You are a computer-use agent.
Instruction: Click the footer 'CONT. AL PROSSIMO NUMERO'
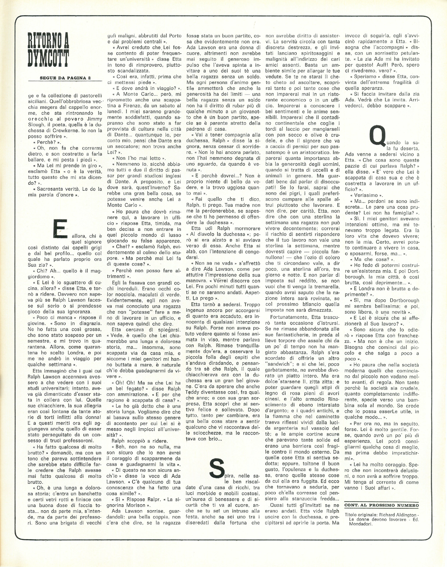[382, 505]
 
